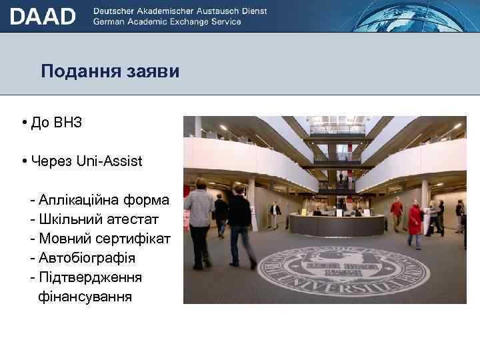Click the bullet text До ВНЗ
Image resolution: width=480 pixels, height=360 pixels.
pos(56,123)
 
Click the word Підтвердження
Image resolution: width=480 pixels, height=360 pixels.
pos(90,276)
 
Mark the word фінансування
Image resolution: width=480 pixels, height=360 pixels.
pos(85,295)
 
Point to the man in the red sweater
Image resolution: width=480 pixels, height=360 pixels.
pos(397,214)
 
